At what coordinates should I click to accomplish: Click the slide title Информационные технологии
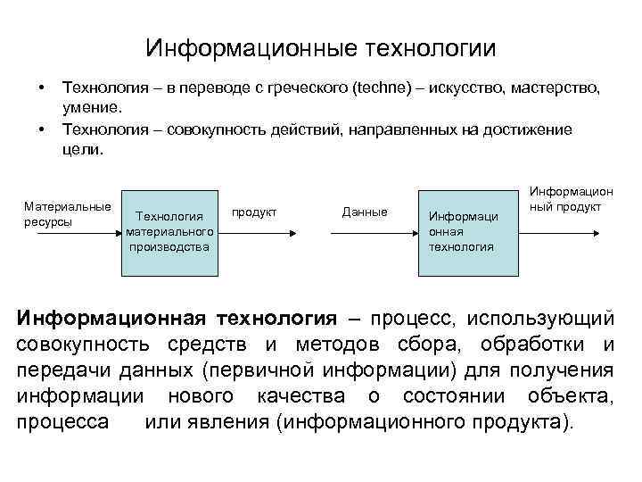tap(321, 46)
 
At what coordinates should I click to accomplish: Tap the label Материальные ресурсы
tap(67, 214)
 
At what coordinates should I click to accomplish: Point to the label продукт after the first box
tap(254, 212)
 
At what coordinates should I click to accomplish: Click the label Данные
tap(365, 212)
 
